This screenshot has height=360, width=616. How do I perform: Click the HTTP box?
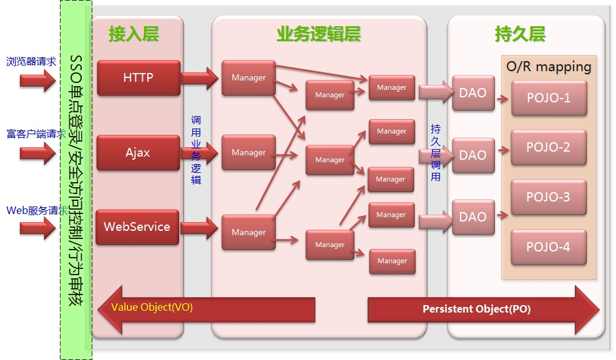coord(138,78)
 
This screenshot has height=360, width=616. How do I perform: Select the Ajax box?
coord(138,153)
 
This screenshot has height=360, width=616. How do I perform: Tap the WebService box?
coord(137,227)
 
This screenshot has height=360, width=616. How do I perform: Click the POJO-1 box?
coord(549,98)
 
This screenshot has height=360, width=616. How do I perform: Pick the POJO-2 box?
coord(549,148)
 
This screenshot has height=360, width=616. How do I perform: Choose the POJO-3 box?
coord(549,197)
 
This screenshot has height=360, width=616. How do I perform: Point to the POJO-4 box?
coord(549,247)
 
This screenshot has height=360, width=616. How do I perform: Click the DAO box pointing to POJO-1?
coord(472,93)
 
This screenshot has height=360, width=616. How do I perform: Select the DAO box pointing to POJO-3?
coord(472,217)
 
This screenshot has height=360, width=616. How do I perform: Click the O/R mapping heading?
coord(549,67)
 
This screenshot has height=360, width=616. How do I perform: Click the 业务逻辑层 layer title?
coord(318,34)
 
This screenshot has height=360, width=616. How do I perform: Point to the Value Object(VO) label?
coord(152,308)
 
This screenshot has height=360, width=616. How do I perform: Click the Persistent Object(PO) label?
coord(476,309)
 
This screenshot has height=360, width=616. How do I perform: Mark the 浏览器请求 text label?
coord(31,62)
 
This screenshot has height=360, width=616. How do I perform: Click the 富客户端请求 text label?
coord(36,134)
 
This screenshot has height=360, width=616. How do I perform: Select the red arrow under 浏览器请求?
coord(37,80)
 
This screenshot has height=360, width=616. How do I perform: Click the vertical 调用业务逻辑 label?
coord(196,150)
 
